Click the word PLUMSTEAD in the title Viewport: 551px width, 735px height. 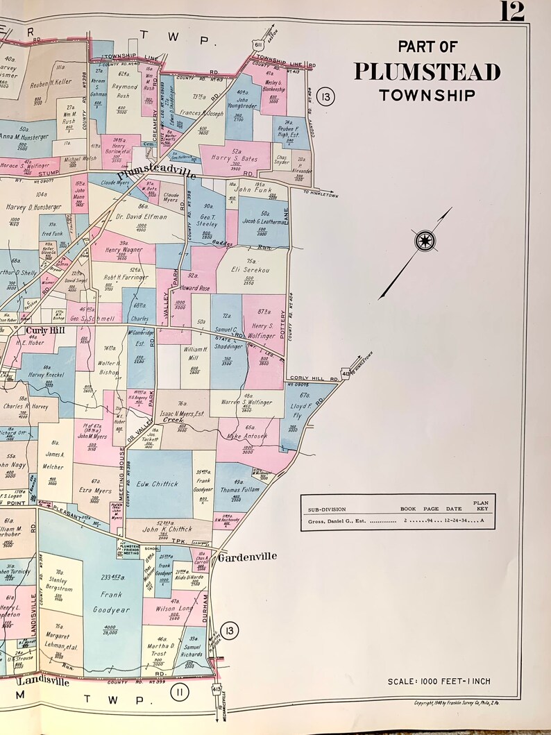pyautogui.click(x=427, y=72)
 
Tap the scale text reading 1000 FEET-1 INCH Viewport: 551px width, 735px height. pyautogui.click(x=448, y=682)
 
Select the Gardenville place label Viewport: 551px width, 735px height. pyautogui.click(x=247, y=557)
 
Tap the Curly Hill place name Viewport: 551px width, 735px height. pyautogui.click(x=46, y=330)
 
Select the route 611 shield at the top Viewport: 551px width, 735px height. pyautogui.click(x=257, y=44)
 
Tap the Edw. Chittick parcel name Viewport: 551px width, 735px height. pyautogui.click(x=157, y=484)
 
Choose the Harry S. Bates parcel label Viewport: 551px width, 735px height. pyautogui.click(x=235, y=159)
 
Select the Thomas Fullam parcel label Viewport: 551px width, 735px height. pyautogui.click(x=239, y=490)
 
